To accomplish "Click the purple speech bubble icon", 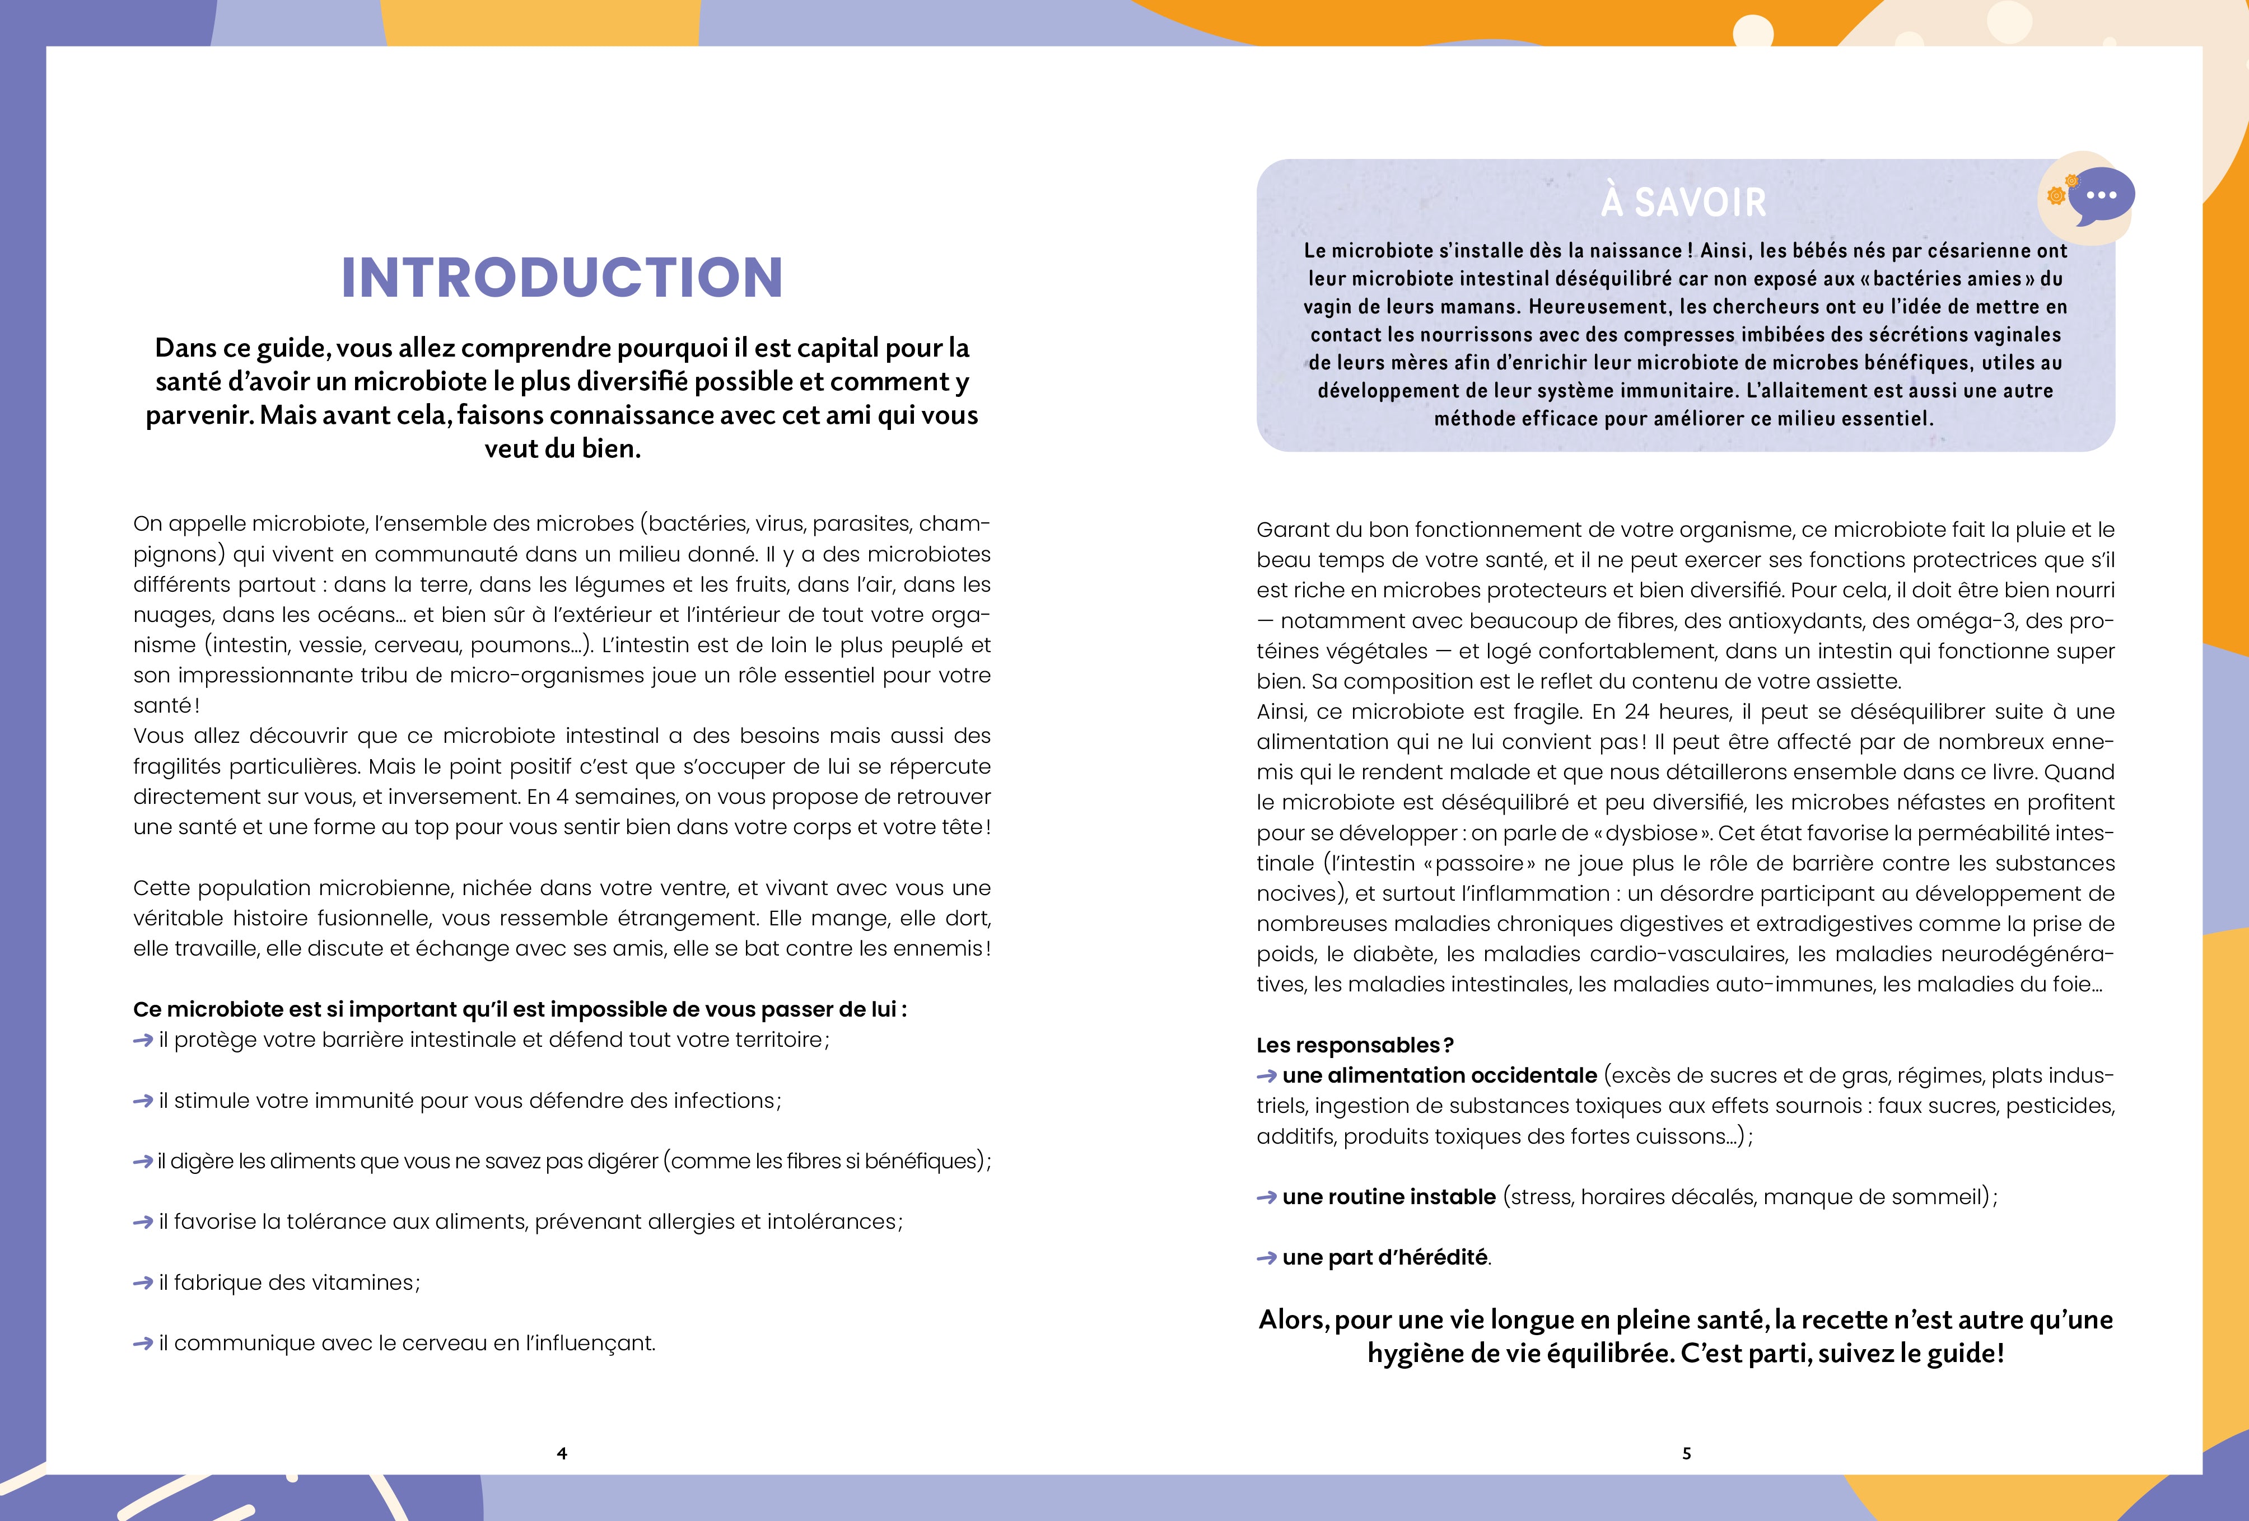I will point(2101,195).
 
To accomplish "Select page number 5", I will point(1687,1453).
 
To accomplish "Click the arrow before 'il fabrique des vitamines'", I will point(143,1283).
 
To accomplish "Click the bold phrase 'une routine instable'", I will point(1389,1197).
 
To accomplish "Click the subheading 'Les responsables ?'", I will point(1355,1045).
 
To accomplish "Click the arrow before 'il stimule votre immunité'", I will point(143,1101).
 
